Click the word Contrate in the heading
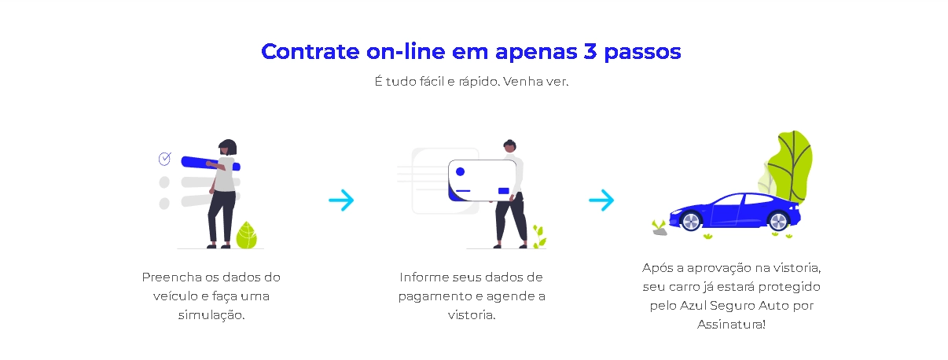(310, 52)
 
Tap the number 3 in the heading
(590, 52)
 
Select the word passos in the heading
(642, 53)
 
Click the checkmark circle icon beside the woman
(164, 159)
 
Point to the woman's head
(228, 147)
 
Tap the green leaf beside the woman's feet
(246, 235)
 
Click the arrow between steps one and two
(341, 200)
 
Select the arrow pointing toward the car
(601, 200)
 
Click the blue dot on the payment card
(460, 171)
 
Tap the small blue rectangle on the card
(504, 191)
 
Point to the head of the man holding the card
(510, 146)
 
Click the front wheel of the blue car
(691, 221)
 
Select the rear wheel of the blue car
(778, 221)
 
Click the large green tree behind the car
(791, 167)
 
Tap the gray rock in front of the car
(660, 231)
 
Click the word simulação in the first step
(211, 315)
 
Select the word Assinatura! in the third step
(731, 325)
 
